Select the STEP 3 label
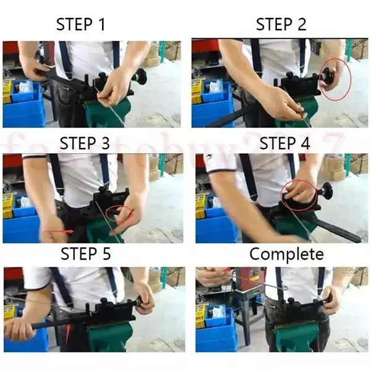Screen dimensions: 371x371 tap(85, 143)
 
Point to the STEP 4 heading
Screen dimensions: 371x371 tap(284, 143)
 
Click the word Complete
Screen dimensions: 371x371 tap(286, 254)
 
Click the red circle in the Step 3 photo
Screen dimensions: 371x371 tap(120, 214)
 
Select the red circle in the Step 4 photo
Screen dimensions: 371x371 tap(301, 194)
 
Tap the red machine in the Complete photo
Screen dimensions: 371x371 tap(248, 281)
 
